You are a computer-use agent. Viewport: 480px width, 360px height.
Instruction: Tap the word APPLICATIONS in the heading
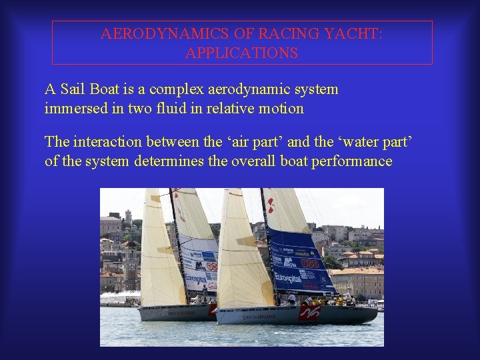click(x=241, y=53)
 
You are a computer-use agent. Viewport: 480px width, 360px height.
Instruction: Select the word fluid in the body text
click(x=180, y=108)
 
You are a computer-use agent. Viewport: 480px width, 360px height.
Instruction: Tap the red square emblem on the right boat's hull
click(x=309, y=312)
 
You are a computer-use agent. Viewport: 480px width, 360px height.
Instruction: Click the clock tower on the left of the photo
click(x=127, y=220)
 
